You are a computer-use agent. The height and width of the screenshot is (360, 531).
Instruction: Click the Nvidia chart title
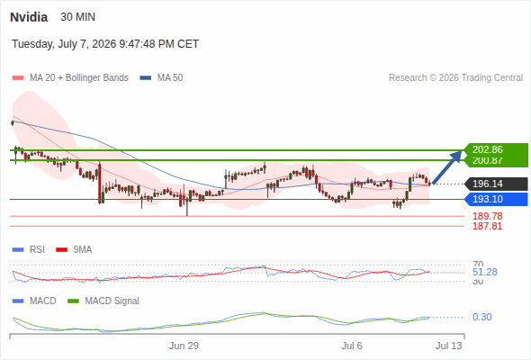pyautogui.click(x=29, y=17)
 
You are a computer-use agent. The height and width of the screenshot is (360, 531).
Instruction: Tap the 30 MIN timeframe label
pyautogui.click(x=78, y=17)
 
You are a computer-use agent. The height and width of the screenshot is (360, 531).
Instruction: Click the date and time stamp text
pyautogui.click(x=105, y=44)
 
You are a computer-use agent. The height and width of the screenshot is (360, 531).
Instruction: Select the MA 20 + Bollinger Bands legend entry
pyautogui.click(x=70, y=78)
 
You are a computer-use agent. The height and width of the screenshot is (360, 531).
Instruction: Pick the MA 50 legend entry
pyautogui.click(x=161, y=78)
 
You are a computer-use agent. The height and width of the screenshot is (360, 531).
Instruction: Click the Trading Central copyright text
pyautogui.click(x=455, y=78)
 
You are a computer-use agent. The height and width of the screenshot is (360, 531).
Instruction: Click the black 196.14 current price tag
pyautogui.click(x=496, y=184)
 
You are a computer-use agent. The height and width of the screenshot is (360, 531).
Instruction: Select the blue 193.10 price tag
pyautogui.click(x=496, y=199)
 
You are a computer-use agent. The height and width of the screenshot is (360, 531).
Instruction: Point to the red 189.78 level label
pyautogui.click(x=488, y=216)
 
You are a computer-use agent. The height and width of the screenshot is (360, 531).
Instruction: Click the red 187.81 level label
pyautogui.click(x=488, y=226)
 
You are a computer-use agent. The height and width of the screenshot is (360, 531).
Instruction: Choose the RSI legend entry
pyautogui.click(x=29, y=249)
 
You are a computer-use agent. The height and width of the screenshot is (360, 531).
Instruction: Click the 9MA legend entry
pyautogui.click(x=74, y=249)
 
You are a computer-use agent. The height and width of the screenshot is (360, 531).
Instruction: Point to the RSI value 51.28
pyautogui.click(x=485, y=272)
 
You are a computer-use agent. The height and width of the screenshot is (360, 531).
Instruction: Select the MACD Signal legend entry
pyautogui.click(x=103, y=301)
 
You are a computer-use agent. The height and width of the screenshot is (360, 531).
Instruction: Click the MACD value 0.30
pyautogui.click(x=481, y=317)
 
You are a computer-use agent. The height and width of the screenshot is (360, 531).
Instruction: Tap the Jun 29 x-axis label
pyautogui.click(x=184, y=346)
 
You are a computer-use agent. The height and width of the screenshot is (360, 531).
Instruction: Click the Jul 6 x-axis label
pyautogui.click(x=352, y=346)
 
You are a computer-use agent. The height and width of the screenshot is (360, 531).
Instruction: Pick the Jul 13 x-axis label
pyautogui.click(x=449, y=346)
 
